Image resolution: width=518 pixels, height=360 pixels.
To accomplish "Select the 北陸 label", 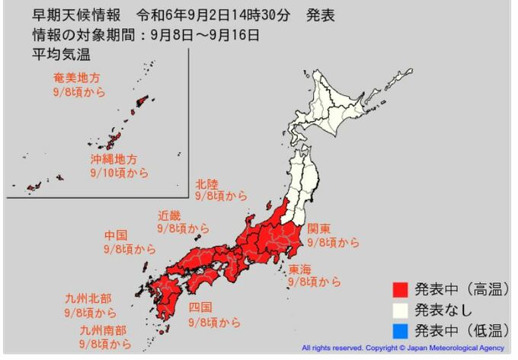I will (x=206, y=183).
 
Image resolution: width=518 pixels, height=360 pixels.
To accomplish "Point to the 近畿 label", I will (x=170, y=215).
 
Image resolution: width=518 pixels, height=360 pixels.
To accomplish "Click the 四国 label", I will (x=201, y=307).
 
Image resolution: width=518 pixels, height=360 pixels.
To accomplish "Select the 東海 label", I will (x=299, y=269).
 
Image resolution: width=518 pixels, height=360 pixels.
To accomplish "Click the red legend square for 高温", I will (x=400, y=290).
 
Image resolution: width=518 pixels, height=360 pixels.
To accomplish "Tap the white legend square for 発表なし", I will (x=400, y=310).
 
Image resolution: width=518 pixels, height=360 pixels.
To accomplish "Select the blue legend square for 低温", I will (x=400, y=330).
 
